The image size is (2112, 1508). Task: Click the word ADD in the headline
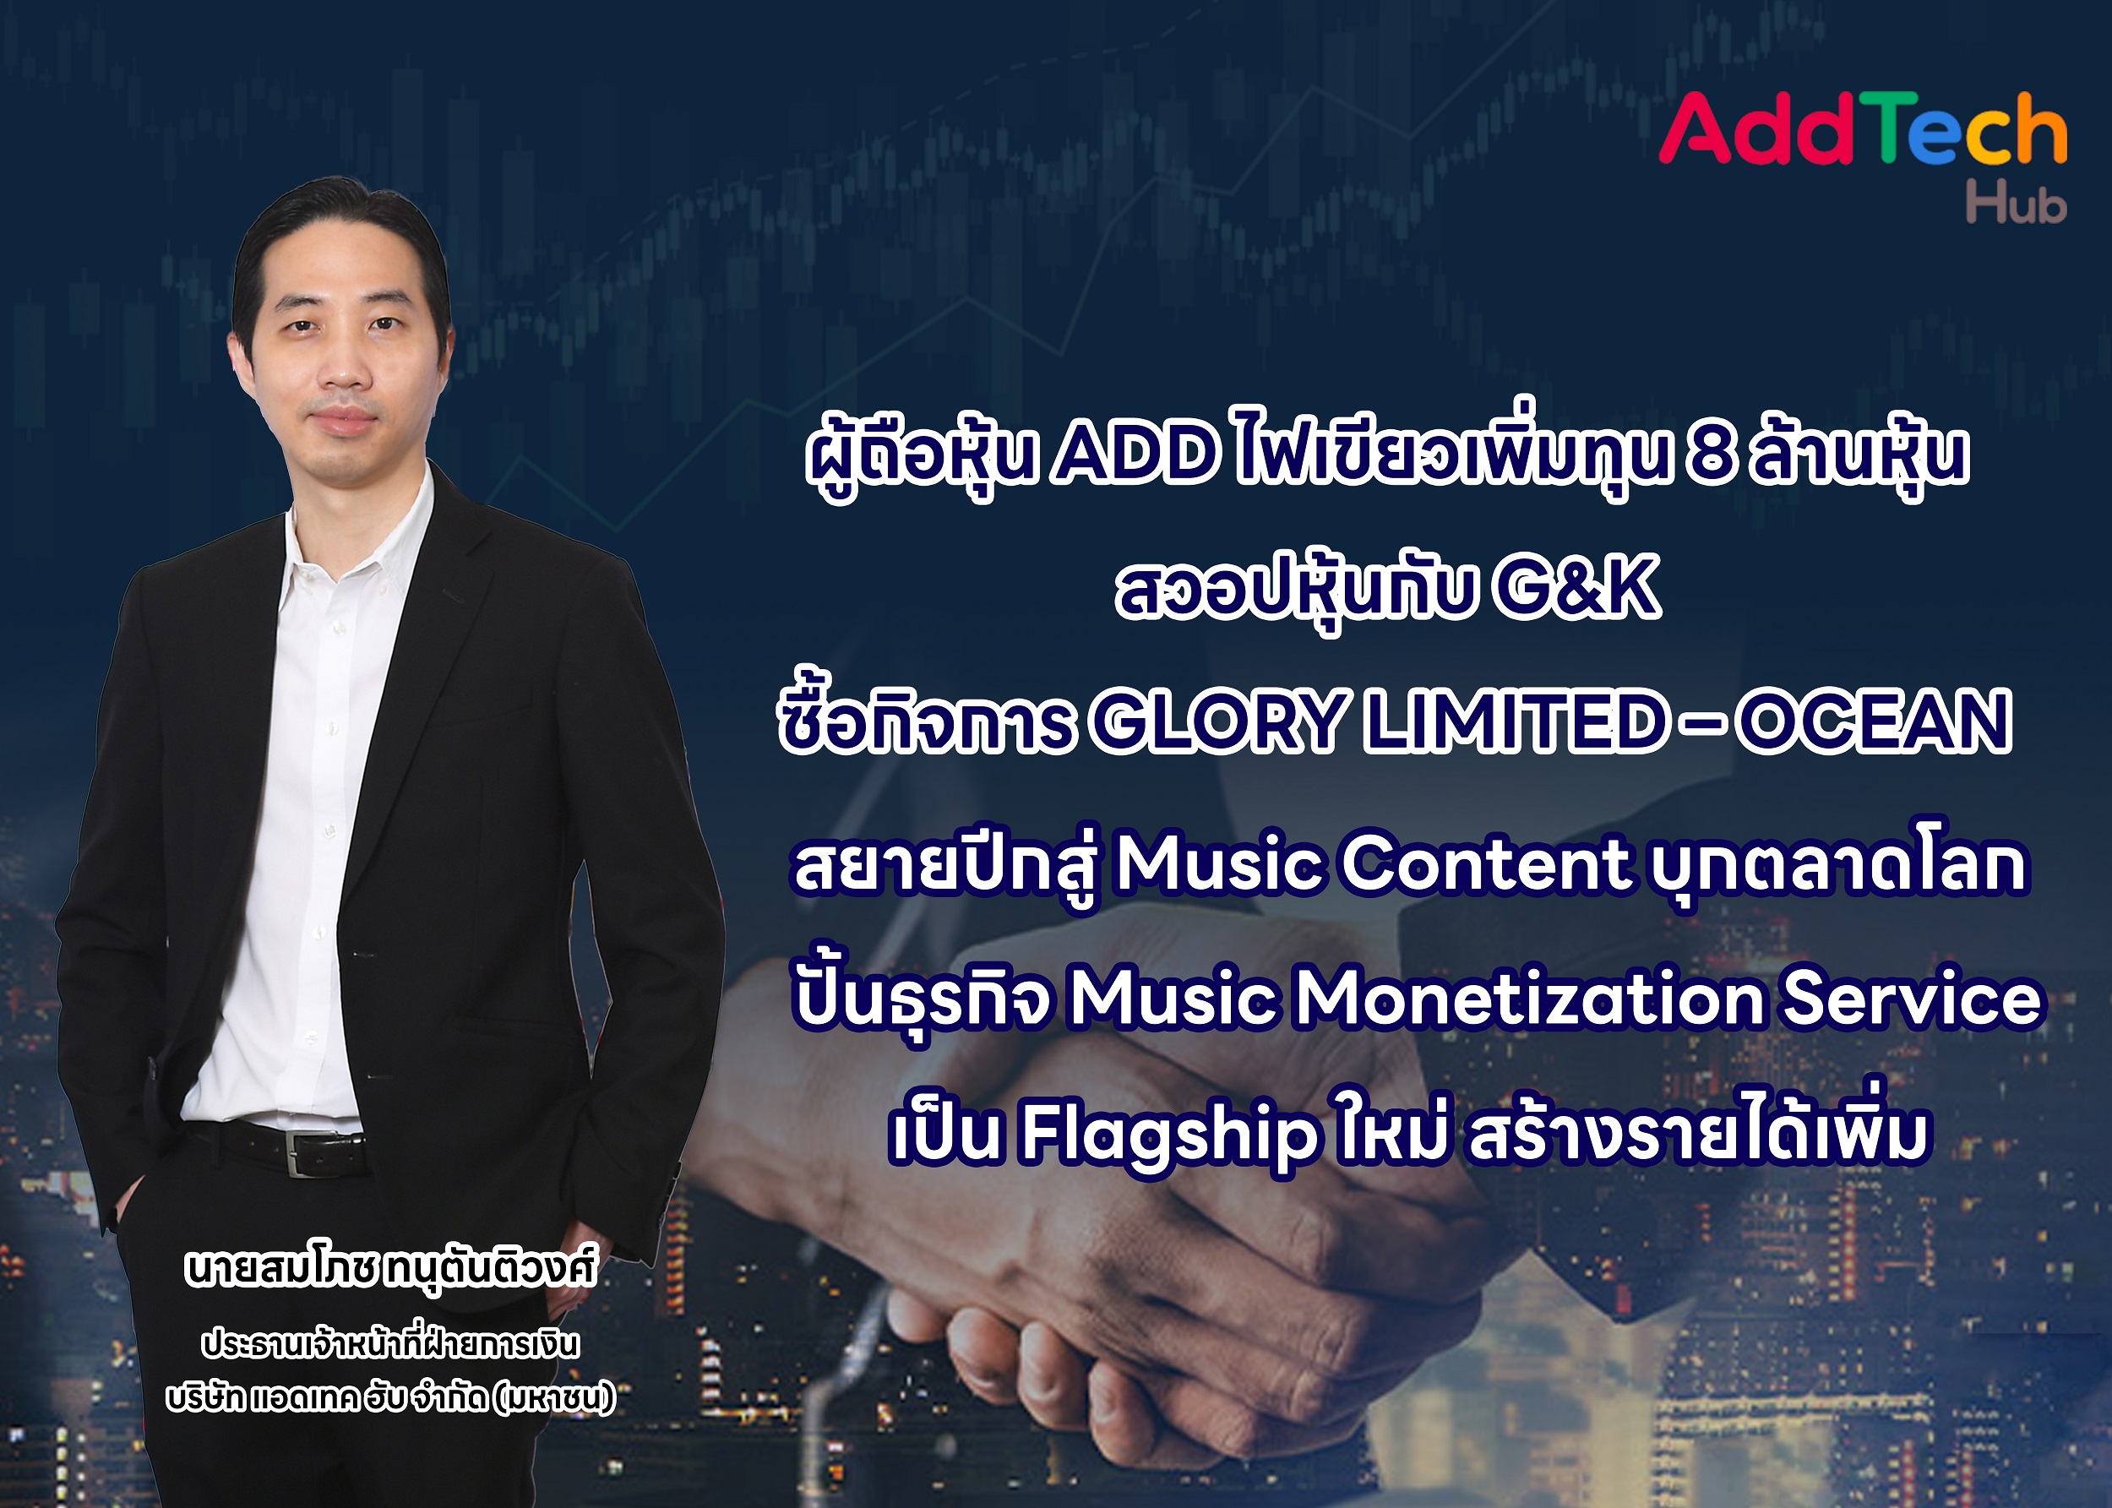[x=1135, y=456]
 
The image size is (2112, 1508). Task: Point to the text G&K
[x=1575, y=589]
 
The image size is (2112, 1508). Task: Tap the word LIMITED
[x=1512, y=721]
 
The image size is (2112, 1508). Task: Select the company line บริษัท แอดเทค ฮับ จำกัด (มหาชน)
[x=391, y=1397]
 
